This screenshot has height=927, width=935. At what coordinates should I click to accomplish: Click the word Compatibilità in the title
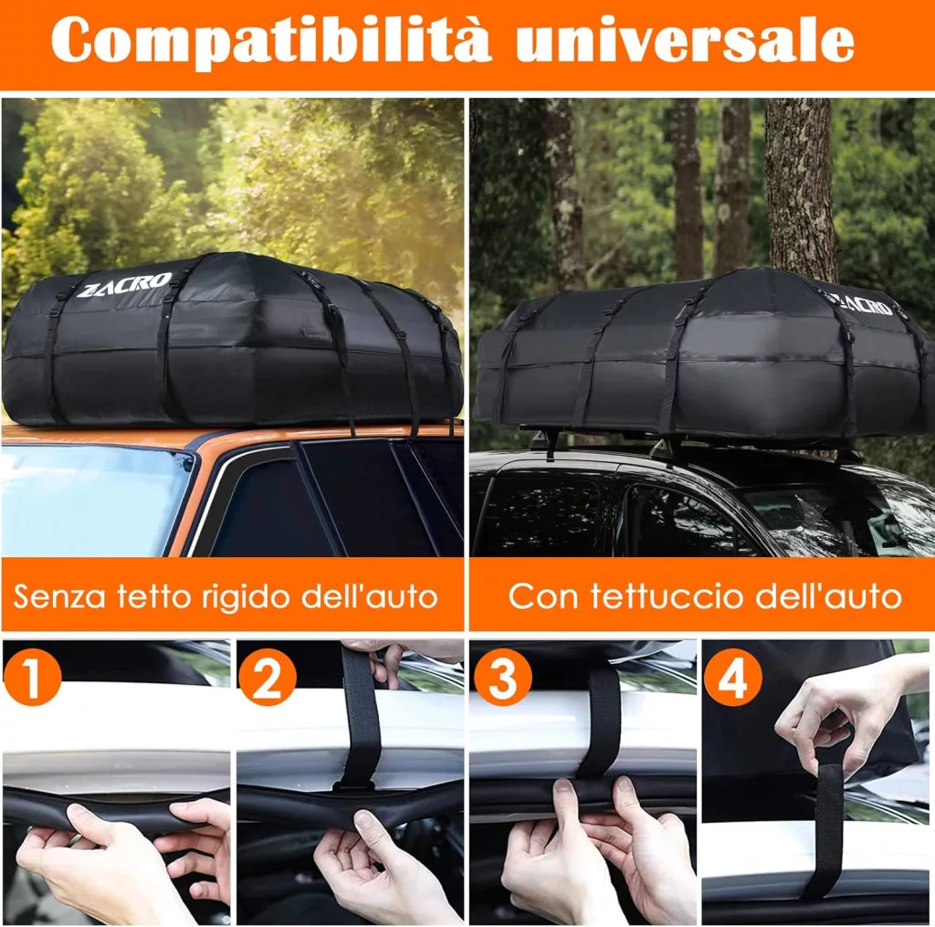[271, 40]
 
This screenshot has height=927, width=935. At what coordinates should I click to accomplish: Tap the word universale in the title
[685, 39]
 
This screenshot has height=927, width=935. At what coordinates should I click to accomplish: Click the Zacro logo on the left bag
[124, 285]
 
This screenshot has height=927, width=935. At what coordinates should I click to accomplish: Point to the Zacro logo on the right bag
[865, 303]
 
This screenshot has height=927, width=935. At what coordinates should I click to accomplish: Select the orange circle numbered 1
[32, 677]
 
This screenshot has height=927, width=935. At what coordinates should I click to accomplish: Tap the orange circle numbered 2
[267, 677]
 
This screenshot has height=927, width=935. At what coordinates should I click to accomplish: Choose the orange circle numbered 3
[502, 677]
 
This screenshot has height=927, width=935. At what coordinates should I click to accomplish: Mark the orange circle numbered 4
[733, 677]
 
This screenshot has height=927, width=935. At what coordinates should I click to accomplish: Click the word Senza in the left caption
[59, 595]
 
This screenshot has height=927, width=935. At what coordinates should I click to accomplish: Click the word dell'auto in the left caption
[370, 595]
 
